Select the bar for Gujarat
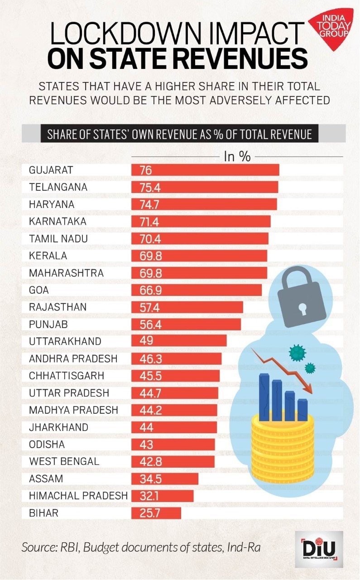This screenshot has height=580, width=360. point(205,170)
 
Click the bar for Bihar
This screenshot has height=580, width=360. point(156,513)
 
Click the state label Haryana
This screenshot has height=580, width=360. point(52,204)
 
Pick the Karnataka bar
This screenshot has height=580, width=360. point(201,222)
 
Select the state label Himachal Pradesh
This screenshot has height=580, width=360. point(78,496)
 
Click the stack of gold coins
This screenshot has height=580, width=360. point(283,449)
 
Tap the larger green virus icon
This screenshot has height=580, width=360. point(297,352)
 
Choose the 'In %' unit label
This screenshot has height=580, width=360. point(237,156)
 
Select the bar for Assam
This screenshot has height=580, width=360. point(165,478)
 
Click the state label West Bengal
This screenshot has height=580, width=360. point(64,461)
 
